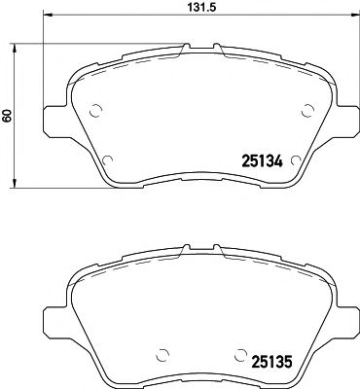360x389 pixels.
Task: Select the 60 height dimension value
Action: pos(8,116)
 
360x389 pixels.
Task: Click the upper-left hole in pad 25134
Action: pos(94,110)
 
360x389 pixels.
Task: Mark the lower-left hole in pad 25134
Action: pos(108,159)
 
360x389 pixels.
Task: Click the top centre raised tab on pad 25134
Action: pos(200,48)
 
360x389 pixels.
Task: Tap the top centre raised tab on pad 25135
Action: pos(200,244)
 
